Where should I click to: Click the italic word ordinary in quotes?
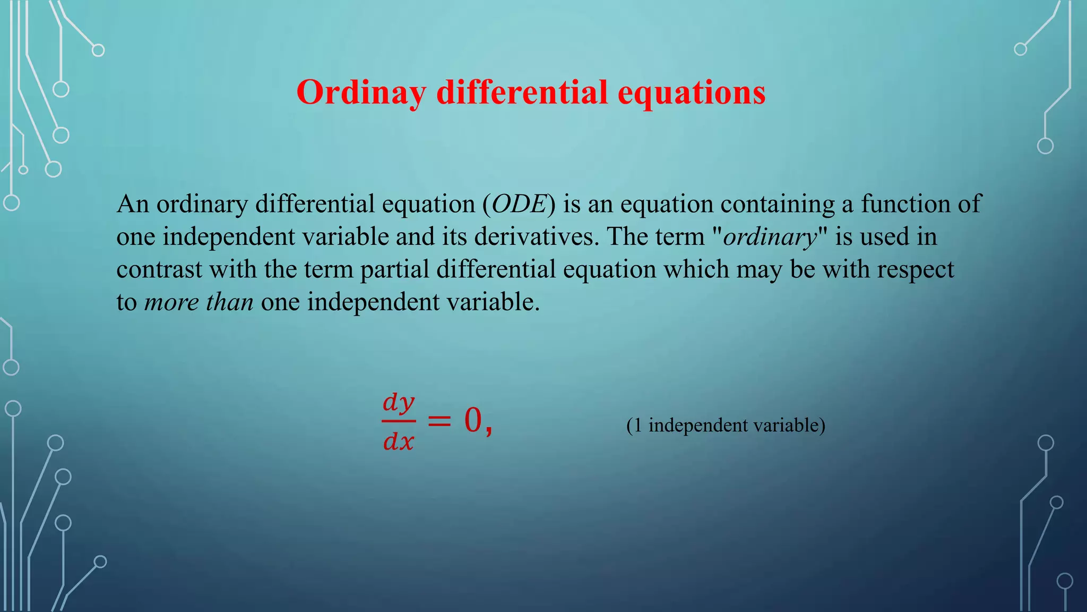(x=770, y=237)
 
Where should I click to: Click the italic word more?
(x=171, y=303)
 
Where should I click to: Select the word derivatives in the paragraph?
(x=536, y=237)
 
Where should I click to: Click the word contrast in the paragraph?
(x=159, y=270)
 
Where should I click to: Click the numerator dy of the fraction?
(x=398, y=403)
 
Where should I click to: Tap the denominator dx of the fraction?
(x=398, y=441)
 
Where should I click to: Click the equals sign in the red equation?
(x=439, y=421)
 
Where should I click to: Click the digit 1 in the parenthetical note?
(x=637, y=426)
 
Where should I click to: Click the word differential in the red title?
(x=522, y=93)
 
